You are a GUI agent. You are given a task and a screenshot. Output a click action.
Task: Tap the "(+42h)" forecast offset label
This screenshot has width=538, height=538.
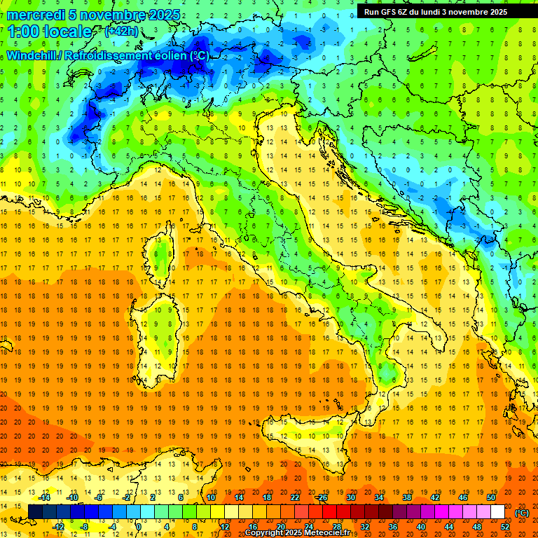pos(121,32)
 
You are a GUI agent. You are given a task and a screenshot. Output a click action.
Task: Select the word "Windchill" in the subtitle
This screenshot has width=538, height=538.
pos(32,55)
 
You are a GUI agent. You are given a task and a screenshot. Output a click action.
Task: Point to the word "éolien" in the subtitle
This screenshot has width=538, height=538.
pos(167,55)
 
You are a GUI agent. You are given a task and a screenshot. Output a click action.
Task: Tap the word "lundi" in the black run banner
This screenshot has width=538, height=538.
pos(441,12)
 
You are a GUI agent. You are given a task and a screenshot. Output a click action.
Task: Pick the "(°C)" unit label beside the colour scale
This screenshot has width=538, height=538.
pos(522,513)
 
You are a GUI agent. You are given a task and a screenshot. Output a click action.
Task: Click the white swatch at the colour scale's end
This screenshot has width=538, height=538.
pos(497,512)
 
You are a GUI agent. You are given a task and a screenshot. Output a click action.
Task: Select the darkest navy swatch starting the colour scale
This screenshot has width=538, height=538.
pos(35,512)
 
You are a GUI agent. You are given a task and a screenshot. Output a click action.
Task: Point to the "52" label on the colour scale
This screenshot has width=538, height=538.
pos(505,526)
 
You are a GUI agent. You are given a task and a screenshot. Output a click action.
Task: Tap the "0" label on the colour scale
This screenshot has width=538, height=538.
pos(139,526)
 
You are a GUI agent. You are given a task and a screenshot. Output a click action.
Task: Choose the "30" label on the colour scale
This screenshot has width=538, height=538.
pos(350,497)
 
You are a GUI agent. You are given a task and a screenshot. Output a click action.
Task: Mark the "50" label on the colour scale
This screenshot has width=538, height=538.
pos(491,497)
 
